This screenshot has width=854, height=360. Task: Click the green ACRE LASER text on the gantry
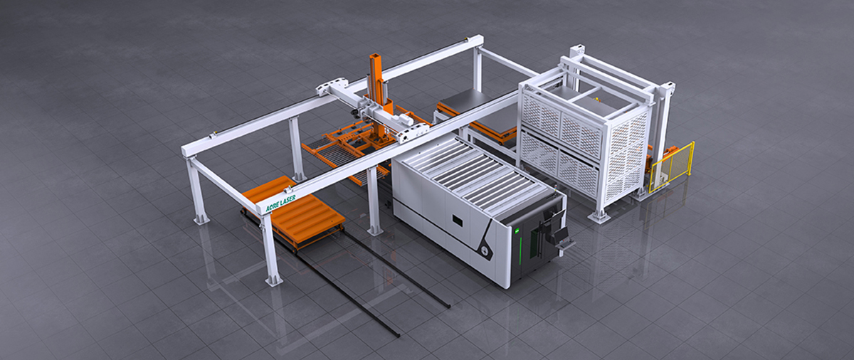tap(280, 203)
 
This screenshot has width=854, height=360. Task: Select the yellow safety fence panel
tap(672, 167)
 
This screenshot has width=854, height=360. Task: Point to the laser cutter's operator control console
tap(562, 238)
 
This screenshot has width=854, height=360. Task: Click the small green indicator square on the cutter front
tap(517, 231)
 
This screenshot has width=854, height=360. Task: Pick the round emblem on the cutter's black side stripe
tap(485, 250)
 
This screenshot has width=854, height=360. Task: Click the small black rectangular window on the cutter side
tap(457, 220)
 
